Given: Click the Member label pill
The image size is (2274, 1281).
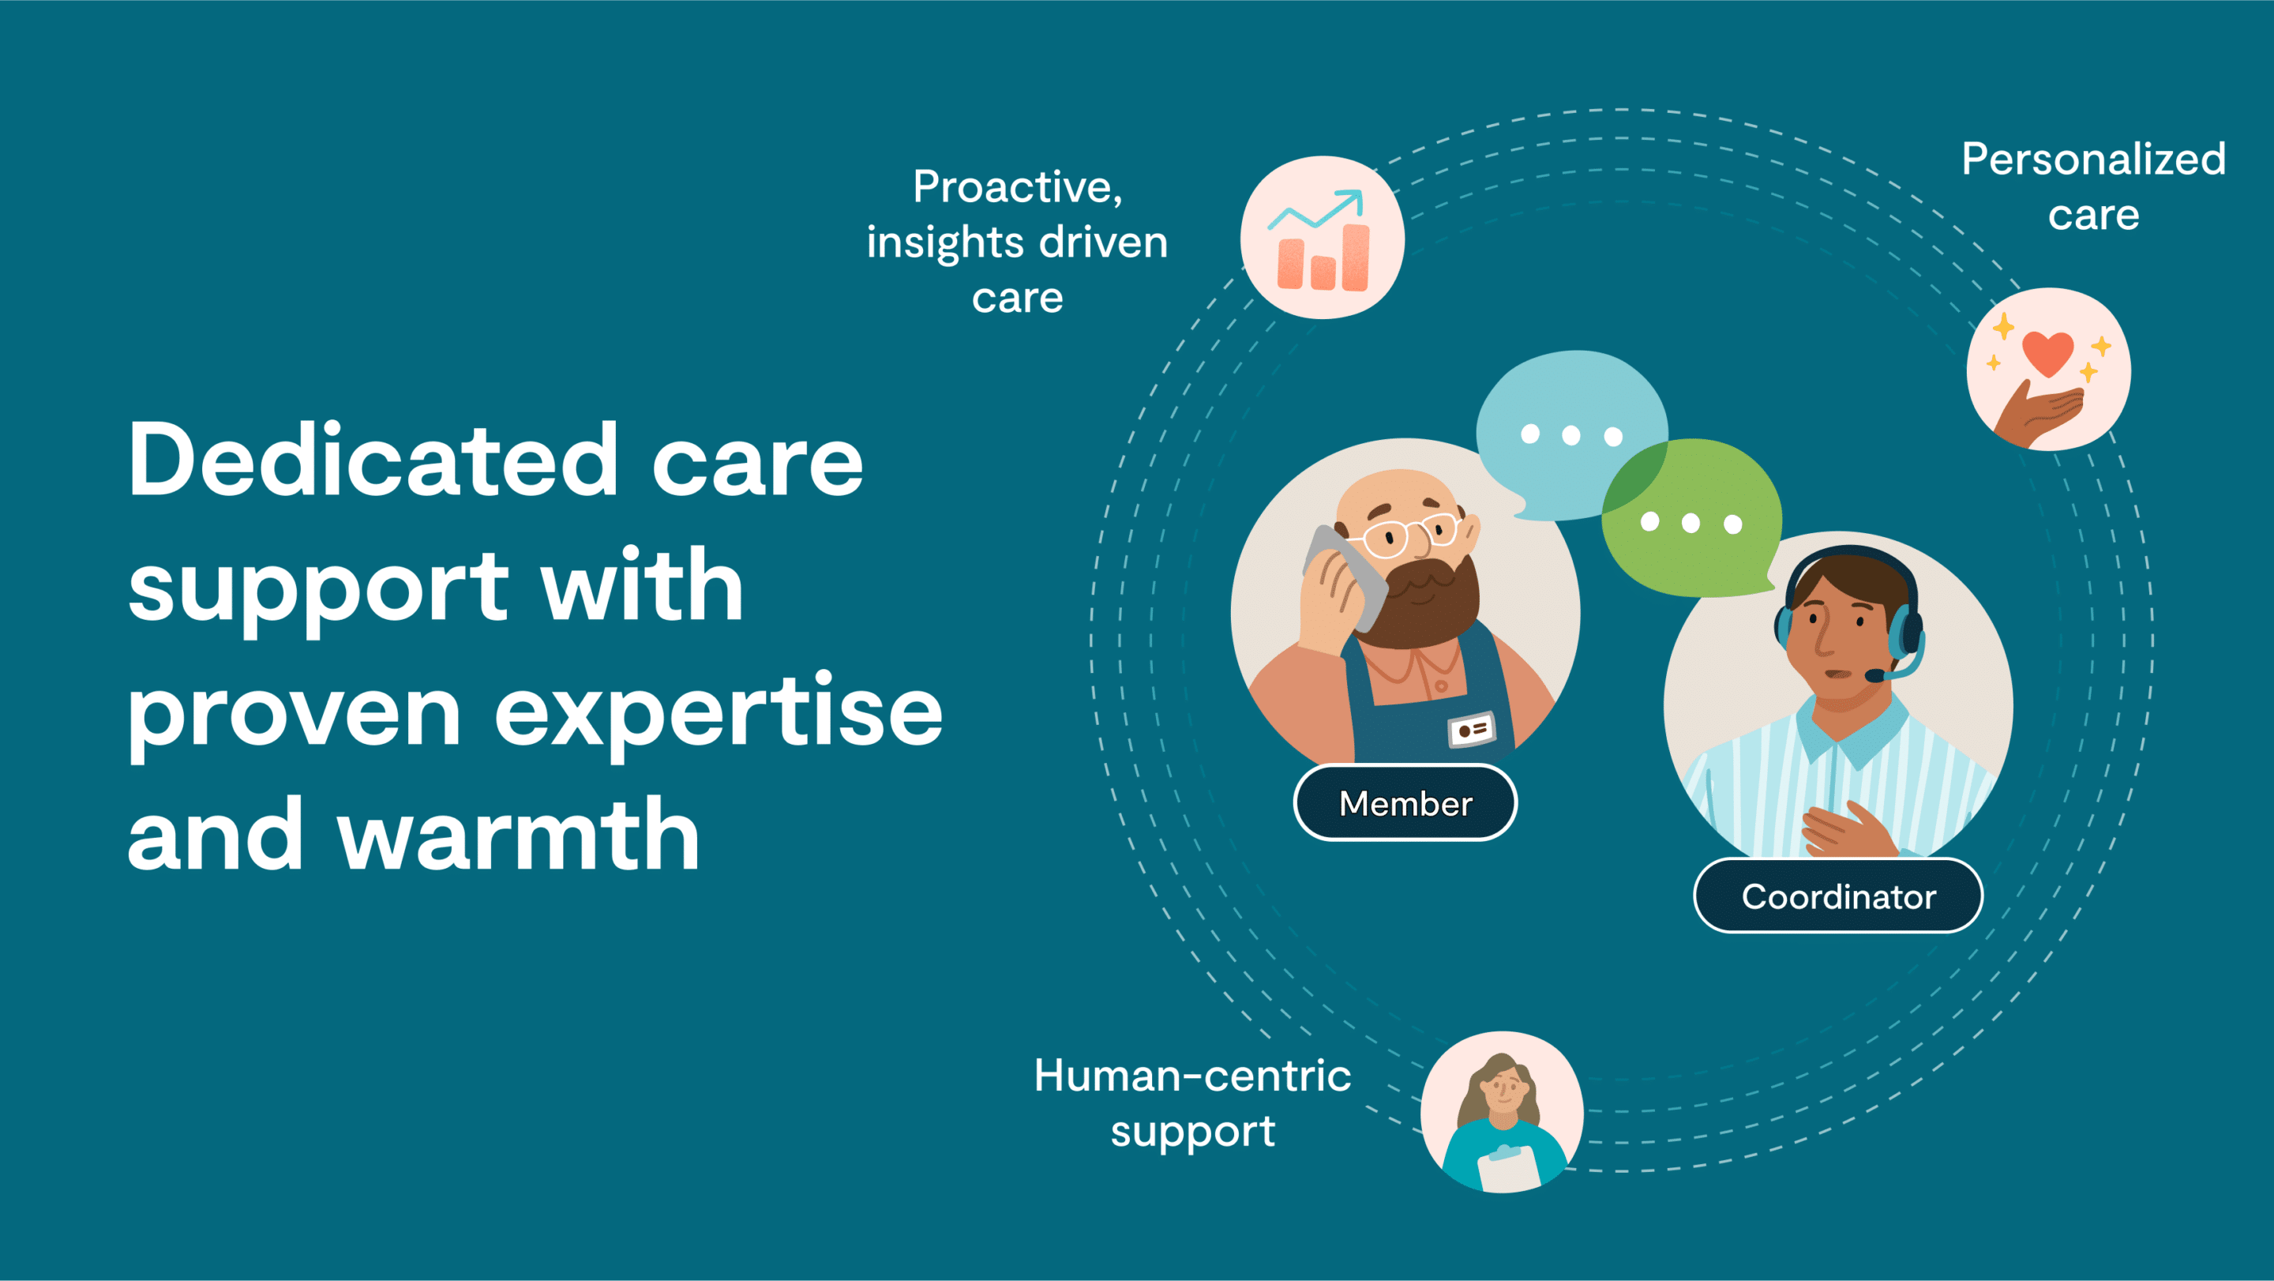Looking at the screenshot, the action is click(x=1405, y=802).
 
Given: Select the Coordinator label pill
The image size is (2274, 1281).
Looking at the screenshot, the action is click(x=1838, y=896).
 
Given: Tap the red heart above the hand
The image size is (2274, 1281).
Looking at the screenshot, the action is click(x=2047, y=353).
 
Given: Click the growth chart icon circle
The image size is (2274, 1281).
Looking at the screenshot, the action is click(x=1323, y=238).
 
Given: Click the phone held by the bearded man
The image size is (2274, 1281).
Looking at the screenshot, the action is click(x=1346, y=574).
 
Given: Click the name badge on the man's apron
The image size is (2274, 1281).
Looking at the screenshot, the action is click(x=1472, y=729).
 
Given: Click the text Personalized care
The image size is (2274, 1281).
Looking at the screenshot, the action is click(x=2094, y=186).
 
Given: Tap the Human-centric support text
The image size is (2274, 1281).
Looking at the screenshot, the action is click(x=1192, y=1103).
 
